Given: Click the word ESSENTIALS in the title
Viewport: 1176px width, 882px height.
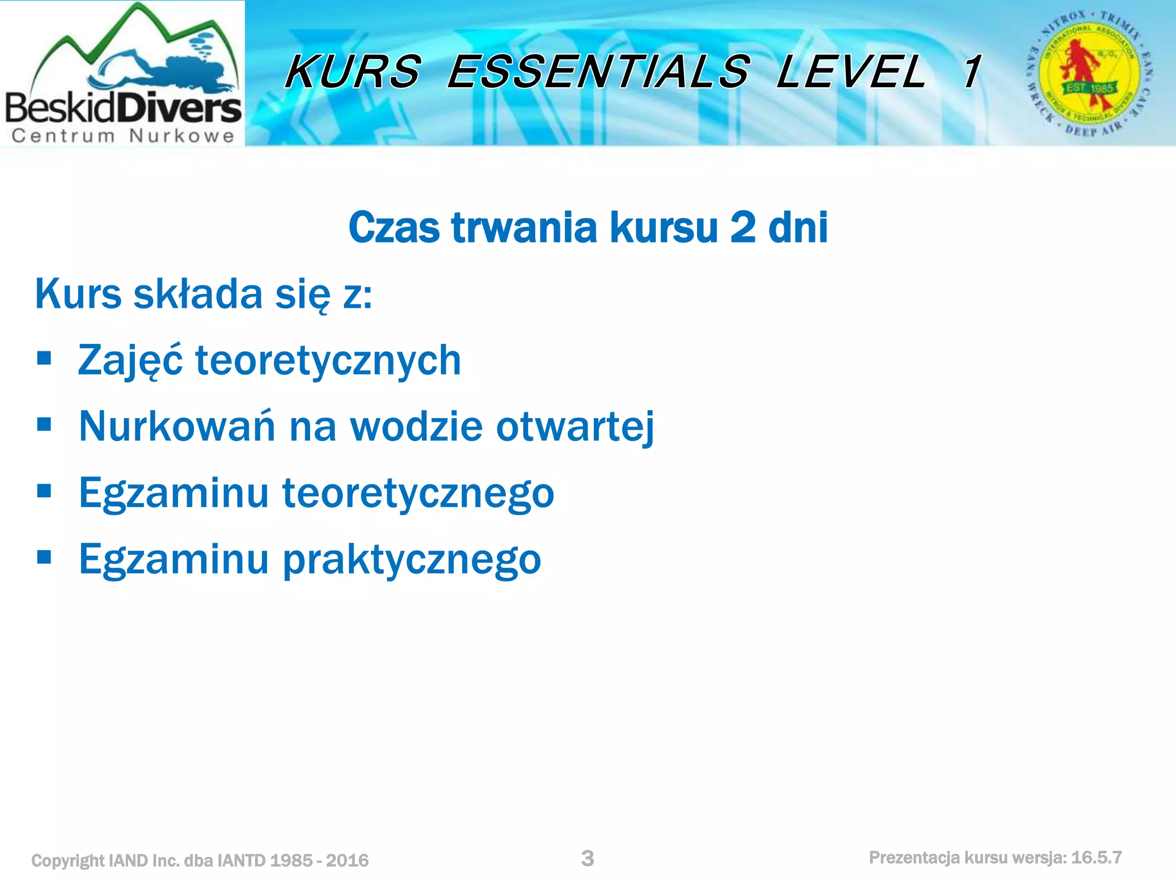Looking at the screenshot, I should (x=598, y=72).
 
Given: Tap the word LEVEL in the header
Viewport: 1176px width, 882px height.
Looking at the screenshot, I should (x=850, y=72).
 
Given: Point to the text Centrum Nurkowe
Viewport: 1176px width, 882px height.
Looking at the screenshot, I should (x=123, y=136).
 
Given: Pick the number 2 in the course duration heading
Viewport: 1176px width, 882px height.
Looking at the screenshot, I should (x=742, y=227).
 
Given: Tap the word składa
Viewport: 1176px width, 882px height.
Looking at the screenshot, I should (x=198, y=294).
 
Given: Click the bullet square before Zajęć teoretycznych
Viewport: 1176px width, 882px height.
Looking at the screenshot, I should (x=44, y=359).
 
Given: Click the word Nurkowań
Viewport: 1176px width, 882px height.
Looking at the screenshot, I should (x=177, y=427).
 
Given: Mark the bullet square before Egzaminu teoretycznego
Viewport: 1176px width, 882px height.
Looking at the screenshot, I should (x=44, y=491).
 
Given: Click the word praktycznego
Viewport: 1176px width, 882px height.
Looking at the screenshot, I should (x=412, y=560).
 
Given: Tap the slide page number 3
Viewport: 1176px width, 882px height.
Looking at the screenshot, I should (x=587, y=858).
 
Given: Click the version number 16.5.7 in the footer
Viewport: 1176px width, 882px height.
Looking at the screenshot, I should (x=1096, y=858).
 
